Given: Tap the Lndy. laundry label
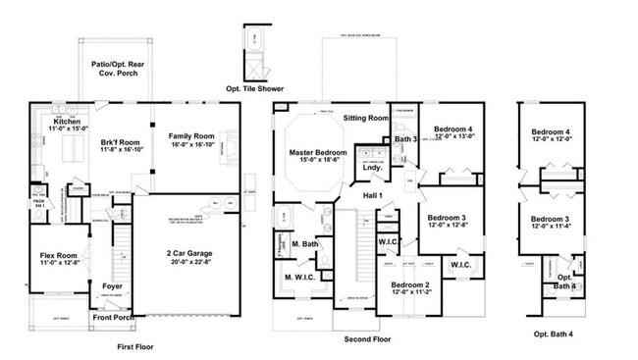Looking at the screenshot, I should click(x=372, y=168).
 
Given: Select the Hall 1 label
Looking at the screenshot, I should click(x=373, y=196).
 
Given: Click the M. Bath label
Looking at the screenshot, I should click(x=304, y=243).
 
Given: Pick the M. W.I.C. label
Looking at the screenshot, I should click(x=299, y=278).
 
